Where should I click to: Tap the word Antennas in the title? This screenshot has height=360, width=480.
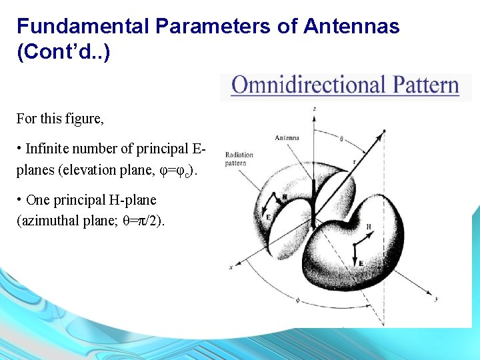coord(351,27)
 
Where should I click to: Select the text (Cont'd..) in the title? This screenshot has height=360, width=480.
coord(63,52)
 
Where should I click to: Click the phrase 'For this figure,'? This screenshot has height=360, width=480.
coord(61,119)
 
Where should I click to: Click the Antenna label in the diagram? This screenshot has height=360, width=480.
coord(287,138)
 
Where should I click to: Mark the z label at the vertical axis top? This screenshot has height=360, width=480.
coord(314,107)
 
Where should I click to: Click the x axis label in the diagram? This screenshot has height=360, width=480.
coord(230,267)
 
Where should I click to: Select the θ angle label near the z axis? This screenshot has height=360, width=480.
coord(341,139)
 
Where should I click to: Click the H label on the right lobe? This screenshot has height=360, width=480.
coord(369,227)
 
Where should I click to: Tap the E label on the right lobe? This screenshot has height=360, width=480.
coord(361,263)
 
